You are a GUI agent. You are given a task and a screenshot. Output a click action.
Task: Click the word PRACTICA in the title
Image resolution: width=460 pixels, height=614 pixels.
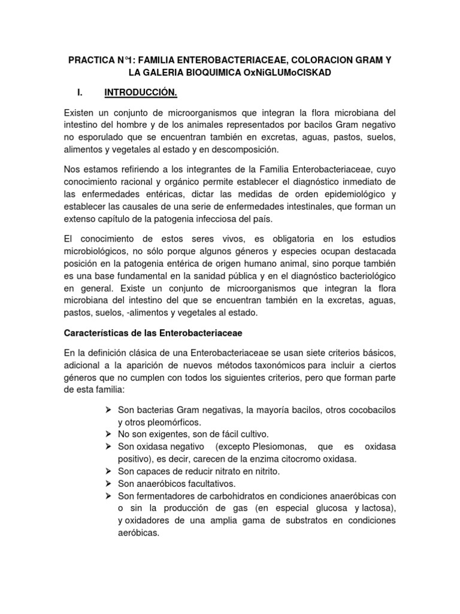tap(89, 61)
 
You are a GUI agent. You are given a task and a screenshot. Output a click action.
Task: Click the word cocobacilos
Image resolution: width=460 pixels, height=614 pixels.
tap(366, 409)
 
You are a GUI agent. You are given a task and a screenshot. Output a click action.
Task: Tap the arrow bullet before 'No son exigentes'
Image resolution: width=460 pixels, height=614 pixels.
tap(108, 434)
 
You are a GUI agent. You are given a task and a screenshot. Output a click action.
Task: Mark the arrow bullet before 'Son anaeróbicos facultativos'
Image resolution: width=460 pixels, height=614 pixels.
tap(108, 483)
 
